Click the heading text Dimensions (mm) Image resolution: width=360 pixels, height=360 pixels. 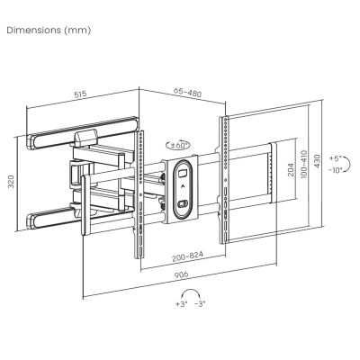coord(49,31)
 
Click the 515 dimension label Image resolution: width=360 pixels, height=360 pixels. coord(80,94)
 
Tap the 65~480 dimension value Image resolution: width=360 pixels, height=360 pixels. coord(188,93)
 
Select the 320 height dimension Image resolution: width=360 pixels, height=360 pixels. coord(11,182)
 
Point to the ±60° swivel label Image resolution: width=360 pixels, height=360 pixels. coord(178,146)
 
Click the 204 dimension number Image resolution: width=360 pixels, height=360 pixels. coord(290,170)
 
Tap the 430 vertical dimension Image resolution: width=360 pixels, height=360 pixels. coord(317,161)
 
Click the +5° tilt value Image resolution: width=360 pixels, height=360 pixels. coord(336,158)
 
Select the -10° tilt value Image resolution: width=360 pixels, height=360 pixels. coord(336,170)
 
